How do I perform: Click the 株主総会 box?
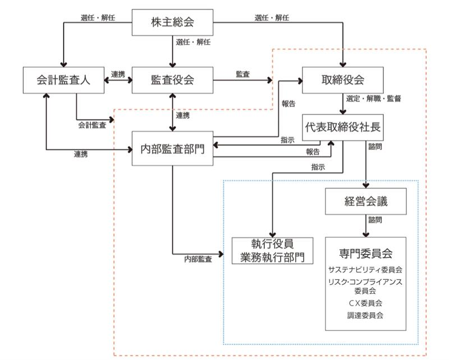172,23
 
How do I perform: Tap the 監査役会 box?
172,80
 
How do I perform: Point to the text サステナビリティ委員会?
365,270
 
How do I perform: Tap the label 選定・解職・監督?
373,98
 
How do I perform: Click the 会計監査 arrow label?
91,124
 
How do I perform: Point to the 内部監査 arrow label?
198,259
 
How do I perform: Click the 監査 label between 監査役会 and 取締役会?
243,73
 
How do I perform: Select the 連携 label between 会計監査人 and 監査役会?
118,74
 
